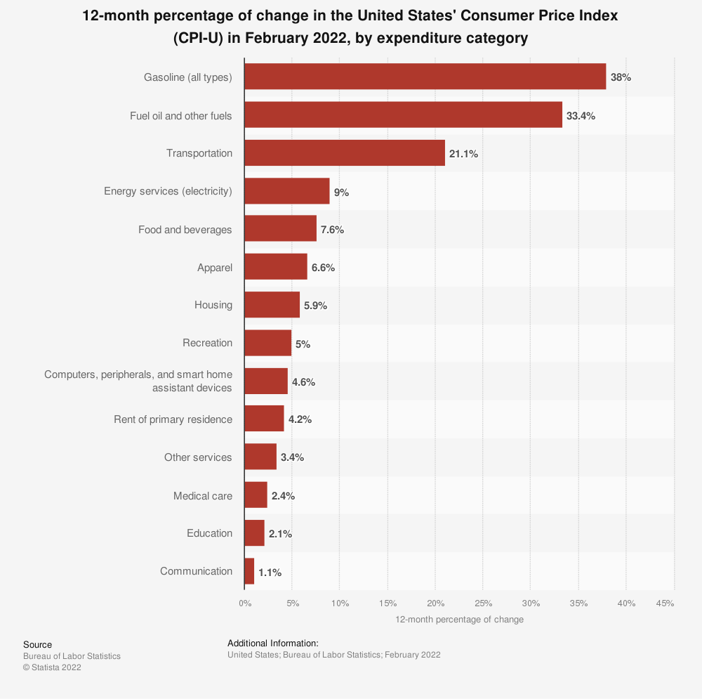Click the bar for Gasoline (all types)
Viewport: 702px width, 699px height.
click(x=425, y=77)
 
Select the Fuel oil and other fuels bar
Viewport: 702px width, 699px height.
click(x=403, y=115)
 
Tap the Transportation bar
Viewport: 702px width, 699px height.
click(x=345, y=152)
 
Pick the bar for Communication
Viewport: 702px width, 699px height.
click(x=249, y=571)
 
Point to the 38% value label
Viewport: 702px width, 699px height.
click(x=621, y=77)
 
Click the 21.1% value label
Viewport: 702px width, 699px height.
click(x=463, y=153)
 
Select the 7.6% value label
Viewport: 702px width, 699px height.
click(x=332, y=230)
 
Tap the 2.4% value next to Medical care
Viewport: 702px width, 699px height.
click(x=283, y=496)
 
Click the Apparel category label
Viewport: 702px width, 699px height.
click(x=214, y=267)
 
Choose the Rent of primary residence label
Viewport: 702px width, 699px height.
click(x=173, y=419)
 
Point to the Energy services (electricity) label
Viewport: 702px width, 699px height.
click(x=168, y=191)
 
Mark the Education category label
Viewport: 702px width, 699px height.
click(x=209, y=533)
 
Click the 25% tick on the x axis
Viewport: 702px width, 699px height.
click(x=483, y=603)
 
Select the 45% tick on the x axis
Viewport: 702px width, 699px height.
click(x=665, y=603)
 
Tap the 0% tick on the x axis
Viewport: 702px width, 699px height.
click(x=244, y=603)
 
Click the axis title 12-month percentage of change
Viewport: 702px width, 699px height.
click(x=459, y=620)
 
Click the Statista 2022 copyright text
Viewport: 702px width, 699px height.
click(x=52, y=667)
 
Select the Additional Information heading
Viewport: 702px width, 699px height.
click(x=273, y=643)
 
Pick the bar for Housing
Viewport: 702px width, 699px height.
click(x=272, y=305)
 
